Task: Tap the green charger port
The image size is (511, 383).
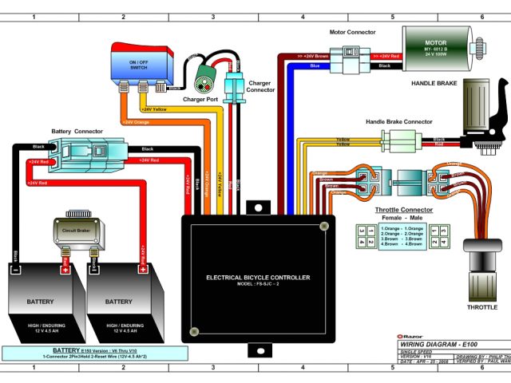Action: pos(205,80)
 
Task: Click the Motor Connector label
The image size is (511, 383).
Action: pos(352,33)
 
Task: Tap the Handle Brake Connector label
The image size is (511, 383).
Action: pos(398,122)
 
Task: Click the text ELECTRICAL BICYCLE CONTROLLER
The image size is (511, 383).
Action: pos(258,278)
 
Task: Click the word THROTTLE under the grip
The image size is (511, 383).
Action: pos(481,306)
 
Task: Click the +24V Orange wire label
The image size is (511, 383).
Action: pos(136,122)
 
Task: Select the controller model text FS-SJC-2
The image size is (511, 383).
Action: pos(258,285)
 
